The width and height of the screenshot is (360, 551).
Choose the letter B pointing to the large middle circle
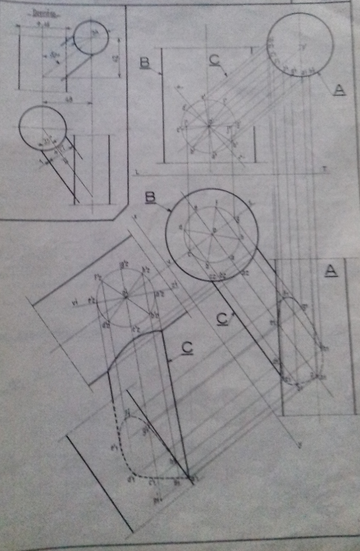[150, 197]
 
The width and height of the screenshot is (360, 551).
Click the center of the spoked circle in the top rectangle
[208, 125]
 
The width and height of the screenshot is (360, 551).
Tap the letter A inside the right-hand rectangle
[331, 271]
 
